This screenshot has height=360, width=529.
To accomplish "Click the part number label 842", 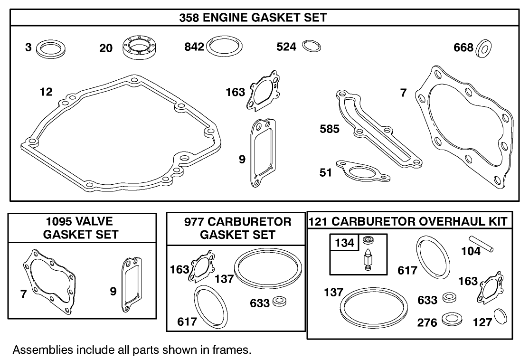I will tap(194, 47).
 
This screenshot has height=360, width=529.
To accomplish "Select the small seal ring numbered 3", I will tap(51, 48).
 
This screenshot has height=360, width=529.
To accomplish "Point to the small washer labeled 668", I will tap(485, 47).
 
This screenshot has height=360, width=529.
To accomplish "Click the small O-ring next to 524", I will tap(312, 46).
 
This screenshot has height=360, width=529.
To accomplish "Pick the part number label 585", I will tap(330, 129).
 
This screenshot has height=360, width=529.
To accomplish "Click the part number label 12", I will tap(46, 92).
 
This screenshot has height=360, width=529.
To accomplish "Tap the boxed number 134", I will tap(344, 243).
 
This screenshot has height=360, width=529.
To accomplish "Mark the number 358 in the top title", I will tap(189, 18).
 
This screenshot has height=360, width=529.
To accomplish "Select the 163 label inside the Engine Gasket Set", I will tap(236, 92).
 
